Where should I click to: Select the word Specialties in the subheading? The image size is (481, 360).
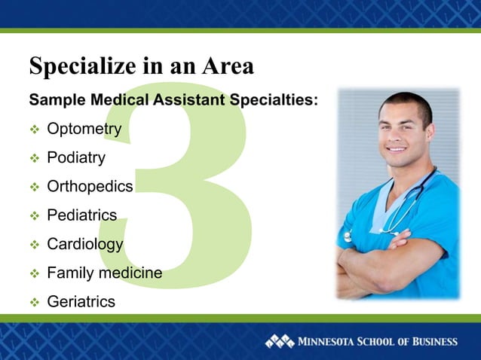[274, 100]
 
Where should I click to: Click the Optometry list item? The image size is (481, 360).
[84, 130]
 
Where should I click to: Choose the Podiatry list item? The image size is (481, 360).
[76, 158]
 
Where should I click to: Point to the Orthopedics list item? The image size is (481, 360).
[90, 187]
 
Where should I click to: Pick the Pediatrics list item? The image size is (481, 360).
[81, 215]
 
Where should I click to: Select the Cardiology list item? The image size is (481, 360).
[84, 244]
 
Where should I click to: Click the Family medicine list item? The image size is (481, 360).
[104, 273]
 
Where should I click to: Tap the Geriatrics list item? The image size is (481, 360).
[81, 301]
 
